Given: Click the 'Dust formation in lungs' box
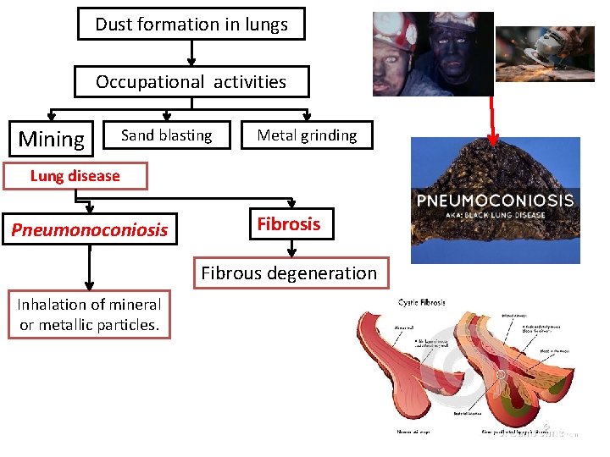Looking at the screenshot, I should point(191,25).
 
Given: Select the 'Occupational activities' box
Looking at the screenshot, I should point(191,82).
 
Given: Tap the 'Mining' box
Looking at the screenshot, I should point(52,139).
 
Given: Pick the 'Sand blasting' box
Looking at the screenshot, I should point(166,135).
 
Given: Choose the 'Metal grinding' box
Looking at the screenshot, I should point(307,135).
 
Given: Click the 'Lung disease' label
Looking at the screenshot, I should point(75,176).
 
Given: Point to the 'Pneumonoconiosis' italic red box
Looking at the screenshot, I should point(89,229).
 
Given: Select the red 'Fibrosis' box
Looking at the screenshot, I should point(289,224).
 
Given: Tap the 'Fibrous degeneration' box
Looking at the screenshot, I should point(289,273).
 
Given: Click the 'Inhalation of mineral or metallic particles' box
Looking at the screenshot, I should point(89,314).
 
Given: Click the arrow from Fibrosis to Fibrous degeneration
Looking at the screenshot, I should point(291,248).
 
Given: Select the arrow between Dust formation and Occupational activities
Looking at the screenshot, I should point(191,52).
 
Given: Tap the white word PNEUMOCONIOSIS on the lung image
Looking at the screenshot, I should point(495,201).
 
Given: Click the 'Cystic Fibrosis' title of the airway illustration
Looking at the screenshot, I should point(422,303).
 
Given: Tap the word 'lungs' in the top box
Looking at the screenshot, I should point(267,25).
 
